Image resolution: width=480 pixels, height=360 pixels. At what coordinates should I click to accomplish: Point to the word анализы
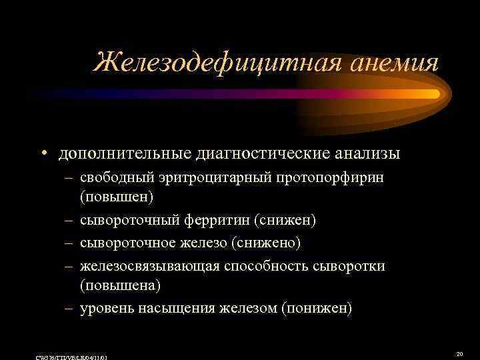coord(371,154)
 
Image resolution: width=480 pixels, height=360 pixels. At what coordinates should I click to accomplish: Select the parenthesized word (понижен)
coord(317,308)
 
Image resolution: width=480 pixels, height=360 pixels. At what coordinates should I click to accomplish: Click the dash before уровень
coord(69,308)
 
